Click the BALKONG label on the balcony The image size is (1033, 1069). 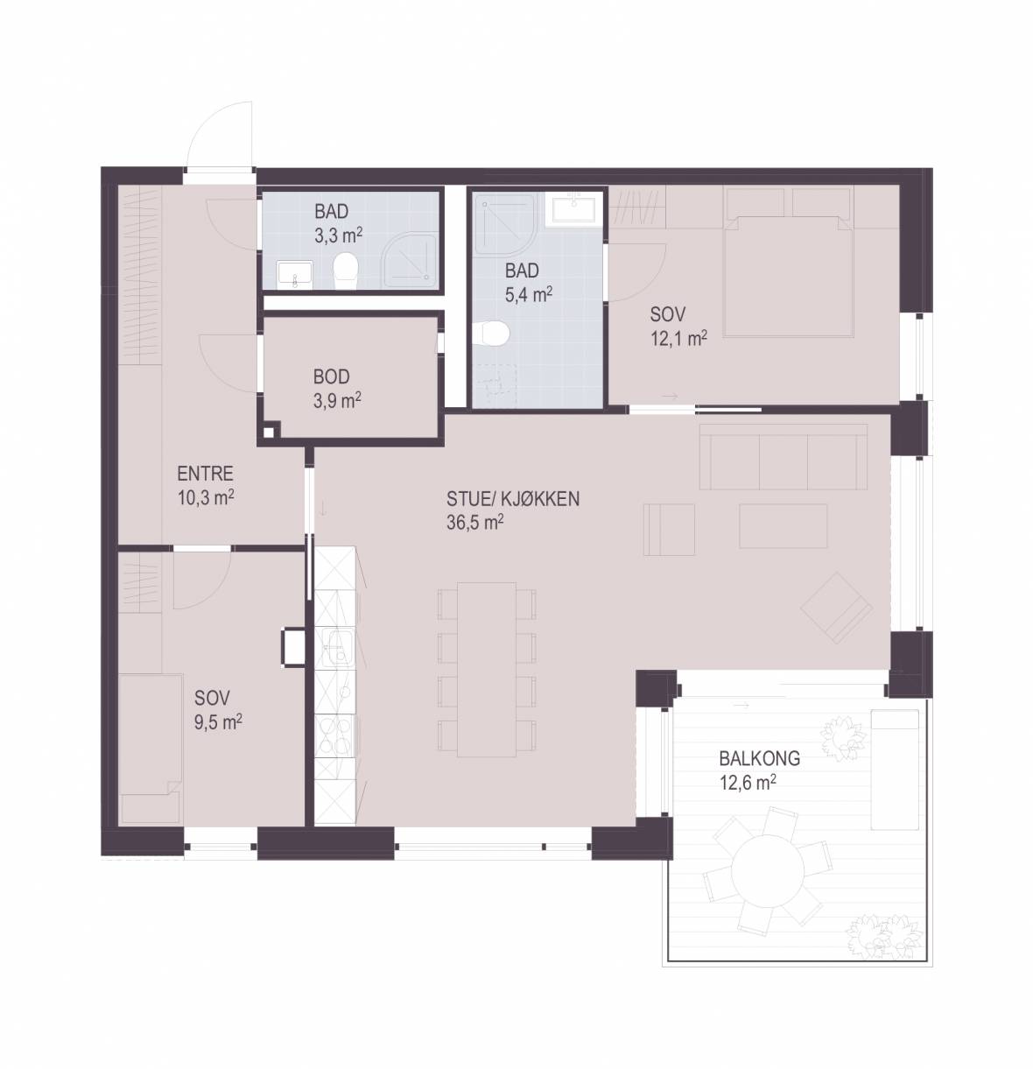coord(759,758)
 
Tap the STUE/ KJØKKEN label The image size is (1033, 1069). coord(513,499)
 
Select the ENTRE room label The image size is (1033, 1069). coord(205,474)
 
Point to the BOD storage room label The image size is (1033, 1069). coord(331,376)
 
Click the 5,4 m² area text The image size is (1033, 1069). coord(528,295)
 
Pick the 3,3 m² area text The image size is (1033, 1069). coord(338,236)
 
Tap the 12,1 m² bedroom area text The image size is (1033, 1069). coord(678,339)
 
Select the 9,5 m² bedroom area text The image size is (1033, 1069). coord(218,721)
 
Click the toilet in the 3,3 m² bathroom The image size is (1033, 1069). coord(346,271)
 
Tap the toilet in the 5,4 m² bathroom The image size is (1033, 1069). coord(491,334)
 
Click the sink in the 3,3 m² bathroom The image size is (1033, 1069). coord(295,275)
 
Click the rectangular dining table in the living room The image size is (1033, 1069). coord(486,670)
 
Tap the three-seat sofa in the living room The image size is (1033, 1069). coord(784,456)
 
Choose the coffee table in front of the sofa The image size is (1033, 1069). coord(784,525)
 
